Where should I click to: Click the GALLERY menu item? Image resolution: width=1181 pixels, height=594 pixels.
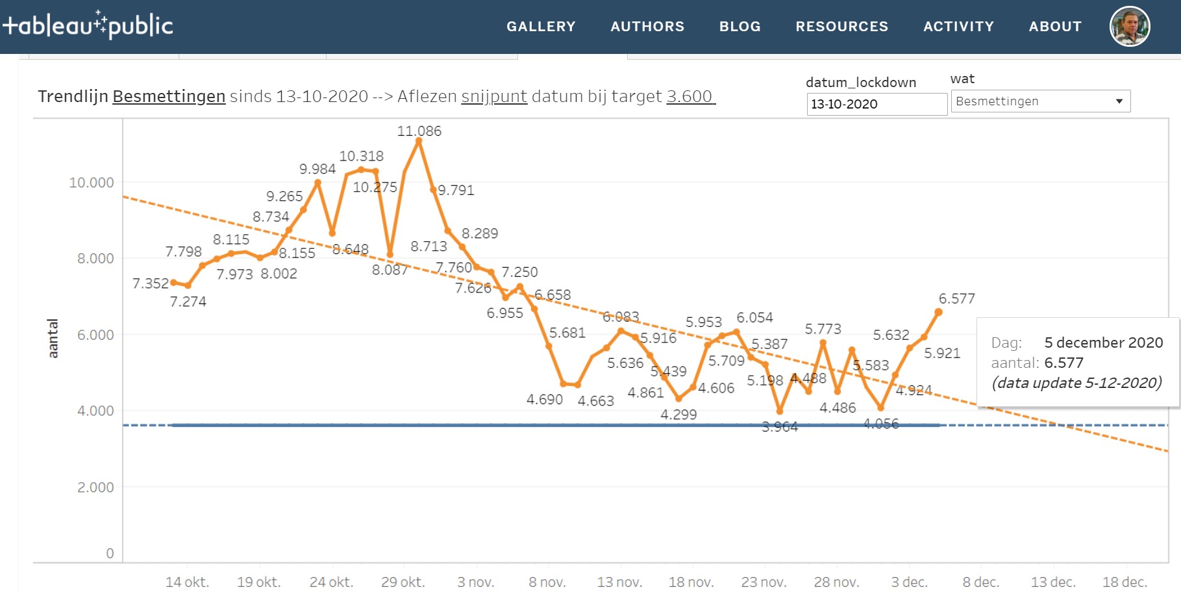click(x=541, y=27)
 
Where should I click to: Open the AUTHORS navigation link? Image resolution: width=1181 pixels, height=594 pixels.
click(x=647, y=27)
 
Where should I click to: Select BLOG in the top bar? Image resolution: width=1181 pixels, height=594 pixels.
click(x=740, y=27)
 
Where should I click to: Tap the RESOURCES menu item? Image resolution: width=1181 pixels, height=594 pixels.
click(x=841, y=27)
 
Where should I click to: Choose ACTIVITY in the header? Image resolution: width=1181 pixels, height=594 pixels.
click(x=958, y=27)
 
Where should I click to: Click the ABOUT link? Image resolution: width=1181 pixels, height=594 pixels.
click(x=1055, y=27)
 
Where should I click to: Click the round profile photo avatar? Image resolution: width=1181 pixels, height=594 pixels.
click(x=1130, y=27)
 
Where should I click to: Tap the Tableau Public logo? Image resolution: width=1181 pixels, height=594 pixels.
click(x=88, y=25)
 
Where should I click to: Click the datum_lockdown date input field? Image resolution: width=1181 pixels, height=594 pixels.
click(x=876, y=104)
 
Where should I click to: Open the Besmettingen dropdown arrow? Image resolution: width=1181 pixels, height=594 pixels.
click(x=1119, y=101)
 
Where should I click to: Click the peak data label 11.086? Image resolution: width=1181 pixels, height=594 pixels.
click(x=419, y=131)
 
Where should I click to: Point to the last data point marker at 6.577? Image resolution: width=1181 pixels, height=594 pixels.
click(x=938, y=313)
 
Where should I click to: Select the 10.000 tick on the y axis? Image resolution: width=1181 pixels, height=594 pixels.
click(x=92, y=183)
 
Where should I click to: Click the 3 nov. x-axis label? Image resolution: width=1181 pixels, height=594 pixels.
click(x=475, y=582)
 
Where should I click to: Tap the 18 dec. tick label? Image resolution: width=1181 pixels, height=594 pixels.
click(x=1125, y=582)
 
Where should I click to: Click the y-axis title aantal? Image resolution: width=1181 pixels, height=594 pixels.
click(x=53, y=338)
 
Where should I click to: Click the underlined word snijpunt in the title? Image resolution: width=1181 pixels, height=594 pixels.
click(x=494, y=97)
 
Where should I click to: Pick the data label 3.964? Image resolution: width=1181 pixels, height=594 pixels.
click(x=779, y=427)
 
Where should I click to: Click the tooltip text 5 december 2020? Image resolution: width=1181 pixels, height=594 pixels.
click(x=1103, y=342)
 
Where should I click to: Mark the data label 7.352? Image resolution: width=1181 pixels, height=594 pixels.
click(x=150, y=283)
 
